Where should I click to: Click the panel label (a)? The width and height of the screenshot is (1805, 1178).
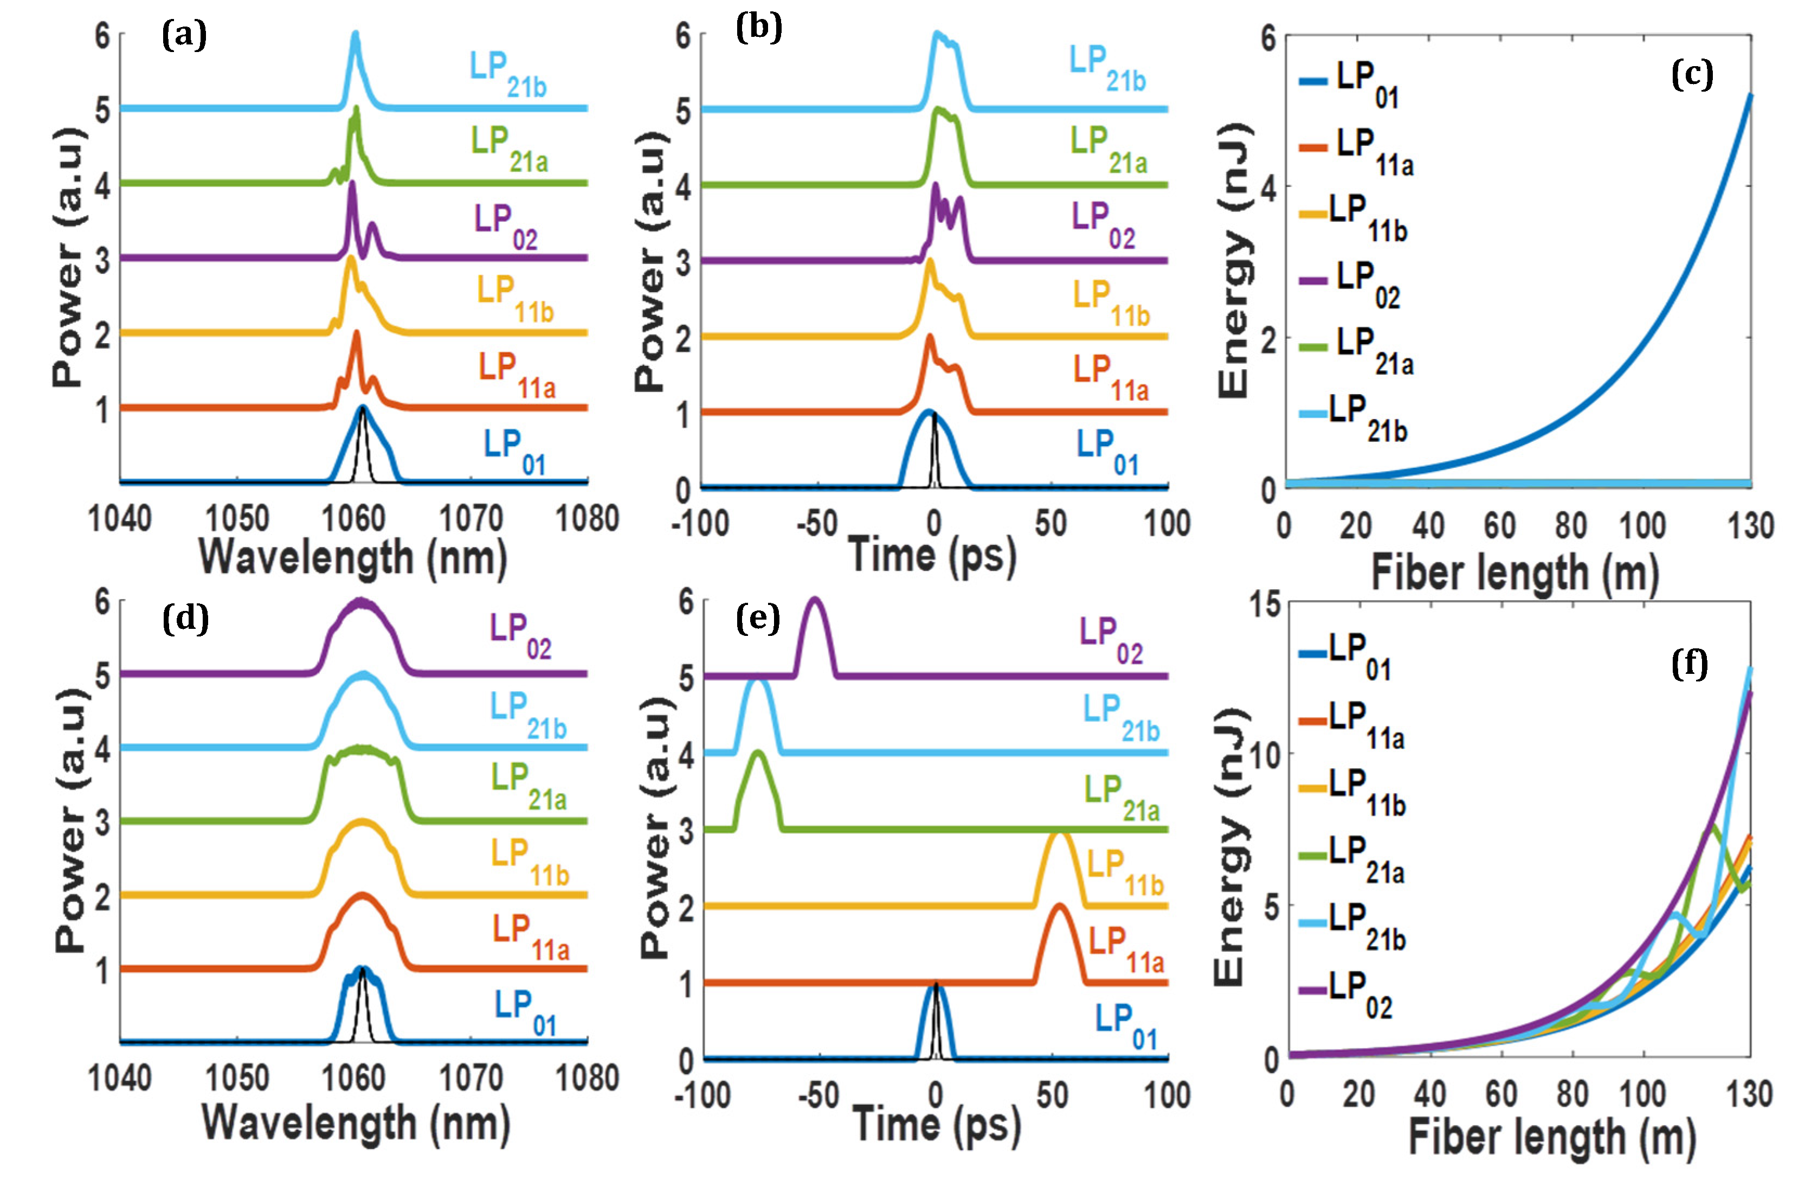[x=184, y=36]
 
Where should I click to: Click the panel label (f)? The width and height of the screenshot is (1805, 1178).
[x=1689, y=665]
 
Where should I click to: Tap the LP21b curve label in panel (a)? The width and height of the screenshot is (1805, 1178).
[x=507, y=74]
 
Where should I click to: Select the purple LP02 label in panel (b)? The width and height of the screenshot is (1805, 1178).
[x=1102, y=224]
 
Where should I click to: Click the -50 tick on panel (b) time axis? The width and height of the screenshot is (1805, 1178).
[x=817, y=523]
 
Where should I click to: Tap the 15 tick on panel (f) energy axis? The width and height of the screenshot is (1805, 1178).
[x=1265, y=604]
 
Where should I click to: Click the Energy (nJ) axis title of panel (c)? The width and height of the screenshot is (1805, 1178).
[x=1234, y=260]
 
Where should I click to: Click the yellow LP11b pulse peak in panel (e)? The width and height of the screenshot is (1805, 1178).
[x=1060, y=833]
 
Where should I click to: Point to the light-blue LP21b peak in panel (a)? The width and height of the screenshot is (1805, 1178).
[x=355, y=34]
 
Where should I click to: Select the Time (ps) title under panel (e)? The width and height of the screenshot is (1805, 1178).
[x=936, y=1124]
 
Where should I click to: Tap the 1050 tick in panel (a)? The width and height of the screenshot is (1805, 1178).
[x=237, y=519]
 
